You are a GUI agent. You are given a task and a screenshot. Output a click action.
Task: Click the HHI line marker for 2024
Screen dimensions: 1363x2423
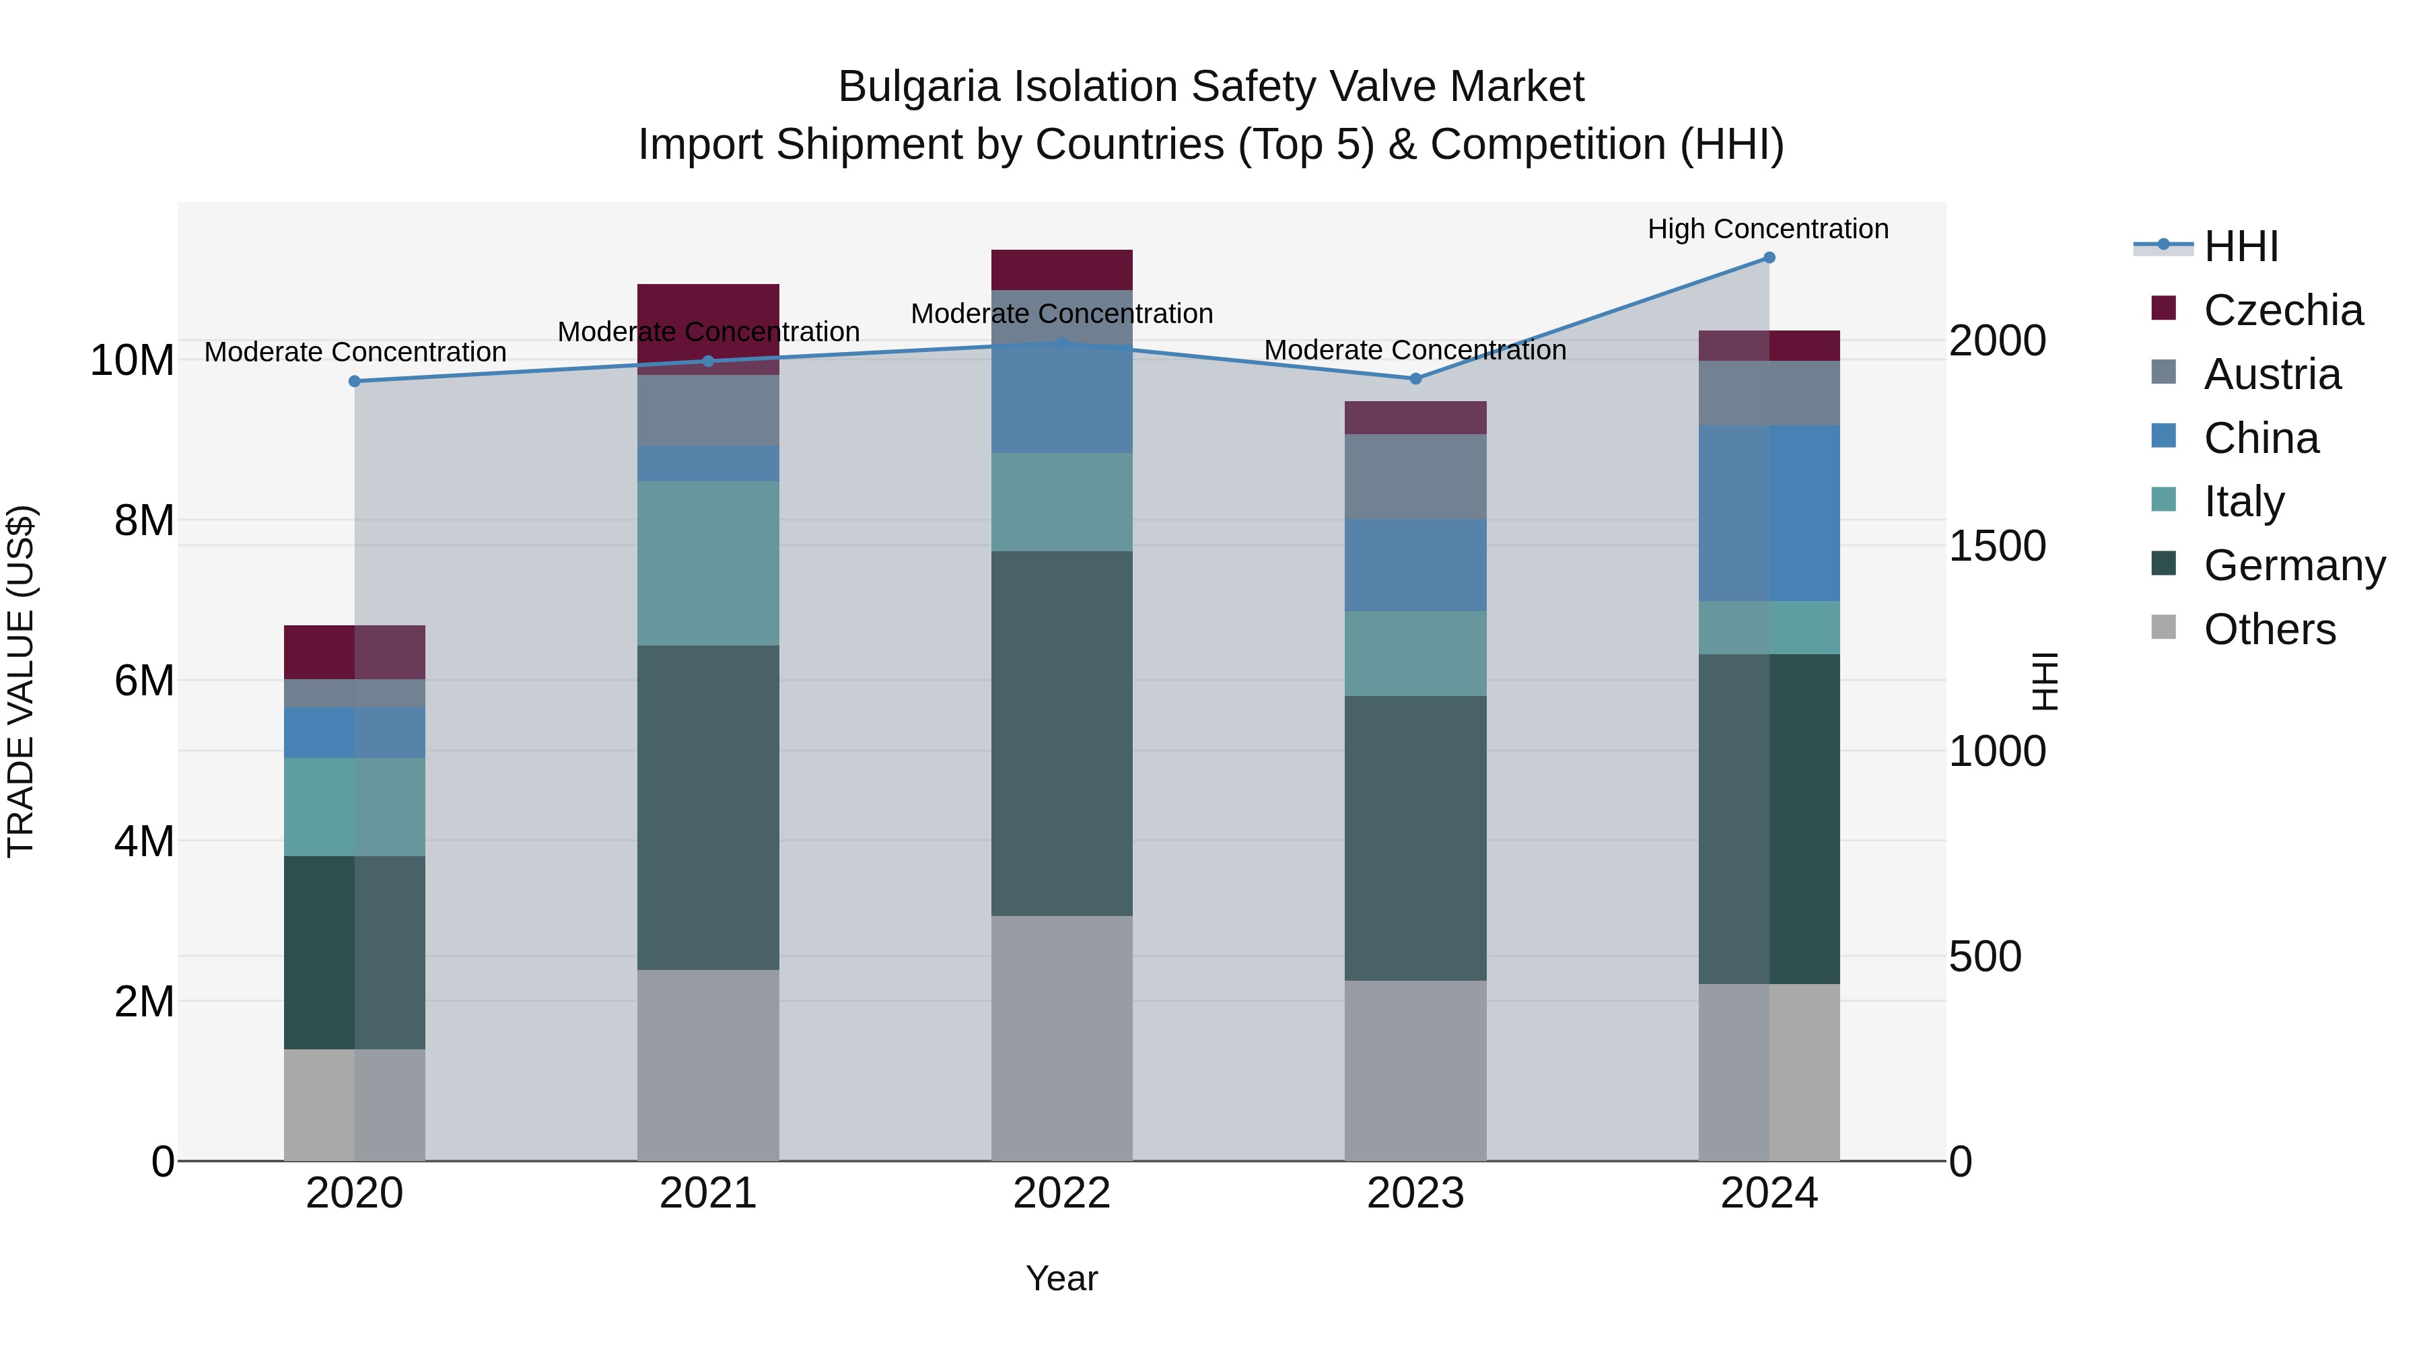click(1768, 258)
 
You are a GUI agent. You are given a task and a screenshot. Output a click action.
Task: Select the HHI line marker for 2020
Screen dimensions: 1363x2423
click(355, 381)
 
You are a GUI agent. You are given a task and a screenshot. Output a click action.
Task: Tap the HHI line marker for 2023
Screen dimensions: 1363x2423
click(1415, 379)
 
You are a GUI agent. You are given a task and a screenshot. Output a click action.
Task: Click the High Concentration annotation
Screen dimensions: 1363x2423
click(1767, 229)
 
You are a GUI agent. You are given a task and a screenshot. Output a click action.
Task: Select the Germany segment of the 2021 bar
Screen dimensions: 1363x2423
click(707, 807)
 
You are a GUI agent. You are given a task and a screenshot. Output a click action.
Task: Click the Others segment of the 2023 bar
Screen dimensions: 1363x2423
click(1415, 1070)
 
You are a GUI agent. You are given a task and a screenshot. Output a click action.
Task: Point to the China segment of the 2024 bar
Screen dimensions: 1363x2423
click(1768, 513)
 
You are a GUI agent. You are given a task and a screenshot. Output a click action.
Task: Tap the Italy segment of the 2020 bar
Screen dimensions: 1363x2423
click(355, 806)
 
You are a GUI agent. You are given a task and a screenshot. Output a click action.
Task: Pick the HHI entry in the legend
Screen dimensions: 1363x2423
click(2241, 246)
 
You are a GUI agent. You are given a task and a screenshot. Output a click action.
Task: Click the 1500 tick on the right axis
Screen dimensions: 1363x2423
click(1996, 546)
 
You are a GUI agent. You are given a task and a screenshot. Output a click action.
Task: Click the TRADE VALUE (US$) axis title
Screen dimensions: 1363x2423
click(21, 681)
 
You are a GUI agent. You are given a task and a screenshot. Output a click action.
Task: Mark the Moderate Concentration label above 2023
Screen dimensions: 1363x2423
click(1415, 350)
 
